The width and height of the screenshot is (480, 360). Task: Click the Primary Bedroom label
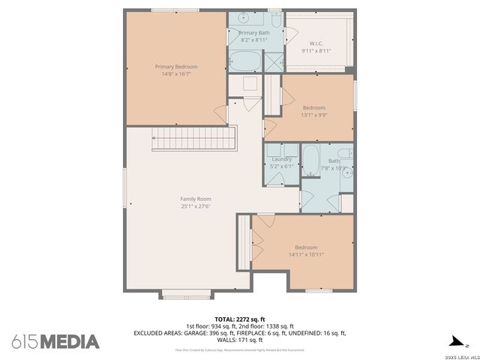tap(175, 67)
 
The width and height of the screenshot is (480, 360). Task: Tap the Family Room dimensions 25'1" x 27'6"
tap(195, 206)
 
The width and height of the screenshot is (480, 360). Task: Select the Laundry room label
tap(281, 159)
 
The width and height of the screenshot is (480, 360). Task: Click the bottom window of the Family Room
tap(187, 296)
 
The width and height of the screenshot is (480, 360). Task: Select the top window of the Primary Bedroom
tap(175, 10)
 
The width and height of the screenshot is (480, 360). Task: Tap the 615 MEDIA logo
tap(55, 342)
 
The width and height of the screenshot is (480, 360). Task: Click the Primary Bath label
tap(254, 33)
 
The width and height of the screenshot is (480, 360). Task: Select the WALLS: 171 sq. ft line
tap(240, 339)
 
